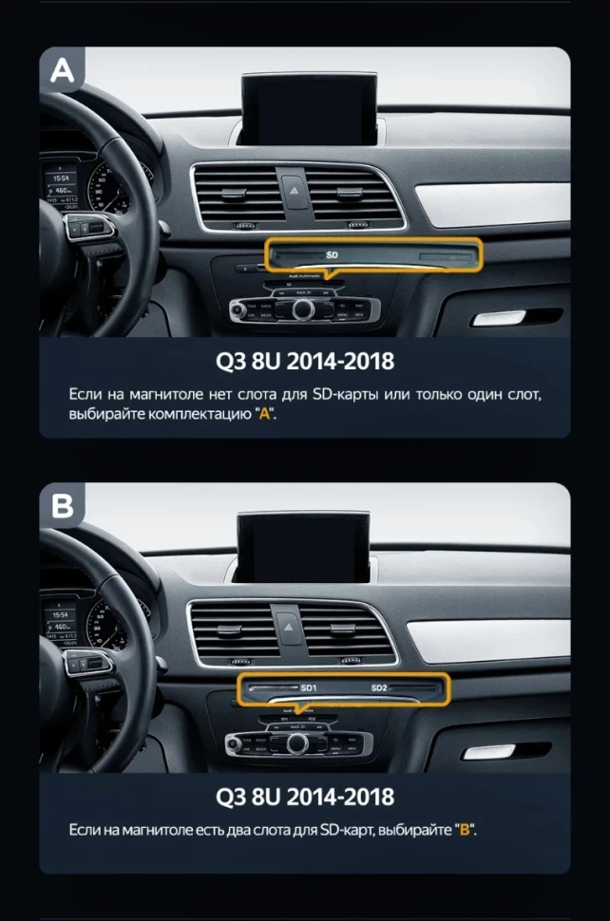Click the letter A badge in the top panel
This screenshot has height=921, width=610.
point(61,70)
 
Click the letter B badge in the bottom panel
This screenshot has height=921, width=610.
point(61,506)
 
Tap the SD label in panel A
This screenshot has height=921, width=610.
point(332,255)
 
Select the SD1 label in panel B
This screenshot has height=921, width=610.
point(309,687)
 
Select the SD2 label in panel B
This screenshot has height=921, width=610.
point(379,687)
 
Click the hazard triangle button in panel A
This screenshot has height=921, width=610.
point(294,186)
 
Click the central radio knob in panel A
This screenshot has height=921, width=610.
point(303,310)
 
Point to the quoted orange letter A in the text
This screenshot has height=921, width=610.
point(264,415)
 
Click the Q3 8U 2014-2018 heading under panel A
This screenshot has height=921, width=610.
point(304,361)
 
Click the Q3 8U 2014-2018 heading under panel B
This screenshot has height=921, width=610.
point(304,794)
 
